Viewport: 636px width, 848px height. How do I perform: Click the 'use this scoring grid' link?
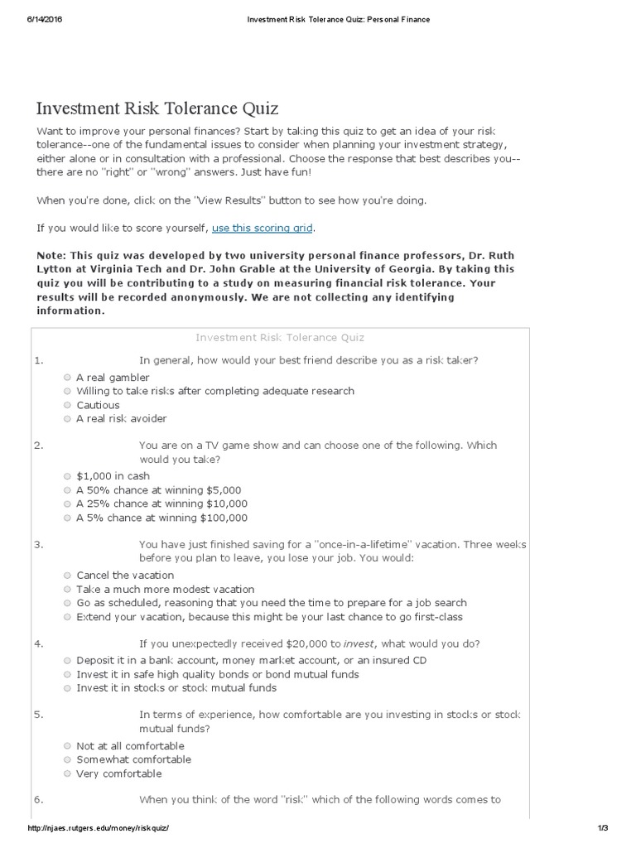(263, 228)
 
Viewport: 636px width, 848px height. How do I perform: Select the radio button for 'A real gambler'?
(67, 377)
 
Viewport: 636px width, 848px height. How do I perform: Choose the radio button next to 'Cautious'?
(67, 405)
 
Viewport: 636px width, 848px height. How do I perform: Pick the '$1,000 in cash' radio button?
(67, 476)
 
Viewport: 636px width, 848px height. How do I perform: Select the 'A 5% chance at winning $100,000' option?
(67, 518)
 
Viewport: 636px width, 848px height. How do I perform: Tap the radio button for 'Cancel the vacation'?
(67, 575)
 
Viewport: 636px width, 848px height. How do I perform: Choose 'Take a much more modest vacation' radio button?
(67, 589)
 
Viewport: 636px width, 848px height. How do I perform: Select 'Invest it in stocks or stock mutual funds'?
(67, 687)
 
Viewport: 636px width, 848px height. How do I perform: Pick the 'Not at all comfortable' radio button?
(67, 745)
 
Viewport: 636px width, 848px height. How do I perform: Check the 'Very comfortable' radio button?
(67, 773)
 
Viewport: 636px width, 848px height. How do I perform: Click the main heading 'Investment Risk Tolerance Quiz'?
(157, 108)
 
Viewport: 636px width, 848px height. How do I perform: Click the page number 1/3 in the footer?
(602, 828)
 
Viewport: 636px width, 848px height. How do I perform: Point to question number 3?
(39, 545)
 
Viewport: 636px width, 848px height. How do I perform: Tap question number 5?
(39, 715)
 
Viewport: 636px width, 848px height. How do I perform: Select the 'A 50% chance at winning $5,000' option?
(67, 490)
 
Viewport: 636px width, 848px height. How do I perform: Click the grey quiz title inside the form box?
(280, 337)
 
